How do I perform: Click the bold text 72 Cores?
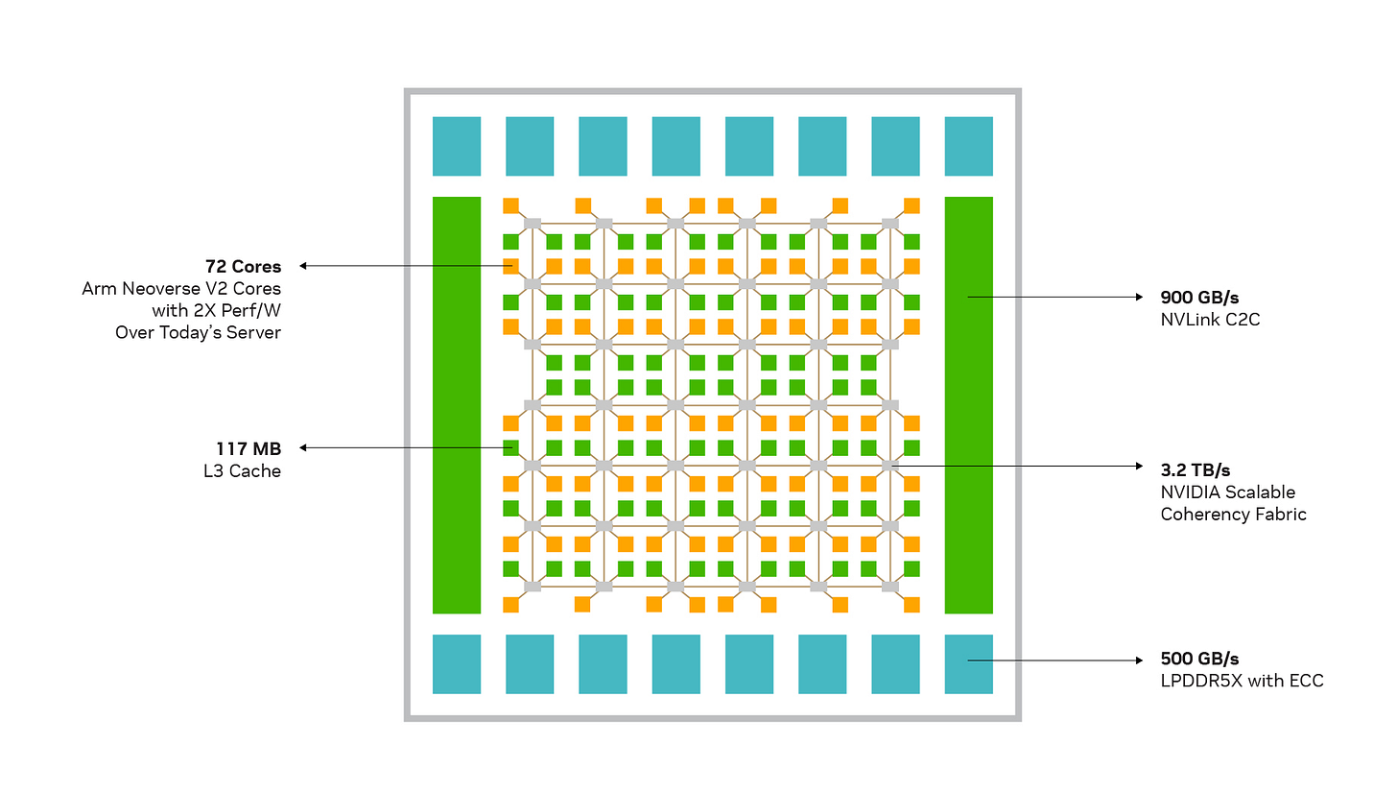pos(243,266)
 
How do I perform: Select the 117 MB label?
pos(248,448)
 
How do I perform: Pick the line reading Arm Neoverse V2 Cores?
pos(181,288)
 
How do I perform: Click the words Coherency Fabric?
pos(1233,514)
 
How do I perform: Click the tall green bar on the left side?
pos(457,404)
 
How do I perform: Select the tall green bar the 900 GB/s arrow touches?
pos(968,404)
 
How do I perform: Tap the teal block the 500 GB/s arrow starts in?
pos(968,663)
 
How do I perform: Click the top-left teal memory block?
pos(457,146)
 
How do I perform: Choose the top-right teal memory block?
pos(968,146)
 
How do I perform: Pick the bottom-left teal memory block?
pos(457,663)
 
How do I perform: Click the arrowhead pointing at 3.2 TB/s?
pos(1139,467)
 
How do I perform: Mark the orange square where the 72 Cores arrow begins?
pos(511,266)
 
